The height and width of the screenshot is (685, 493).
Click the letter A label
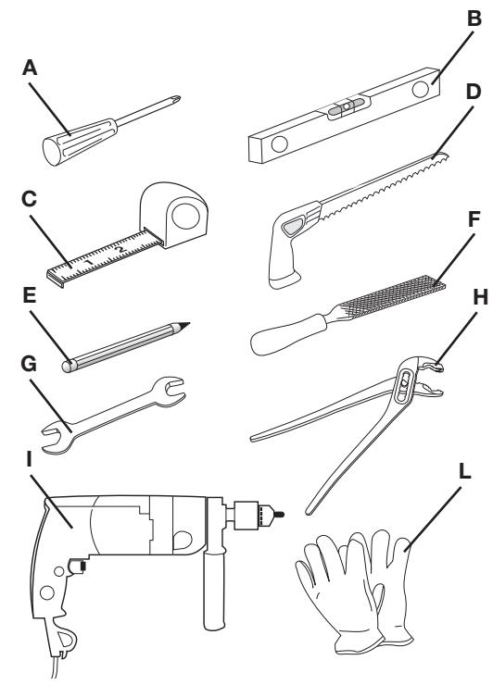pos(30,68)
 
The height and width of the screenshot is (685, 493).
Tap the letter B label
pos(474,19)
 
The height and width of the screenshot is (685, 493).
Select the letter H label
pos(480,297)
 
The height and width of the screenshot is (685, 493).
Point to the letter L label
pos(464,471)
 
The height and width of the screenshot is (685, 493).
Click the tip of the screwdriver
pos(176,99)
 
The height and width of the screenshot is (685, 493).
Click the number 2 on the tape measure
pos(120,248)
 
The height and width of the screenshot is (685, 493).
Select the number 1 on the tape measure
pos(89,262)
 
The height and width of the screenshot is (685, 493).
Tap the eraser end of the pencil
pos(68,366)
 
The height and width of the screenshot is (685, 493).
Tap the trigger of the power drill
pos(77,567)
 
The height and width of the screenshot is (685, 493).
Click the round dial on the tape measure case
pos(185,216)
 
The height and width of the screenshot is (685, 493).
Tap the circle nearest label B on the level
pos(420,89)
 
